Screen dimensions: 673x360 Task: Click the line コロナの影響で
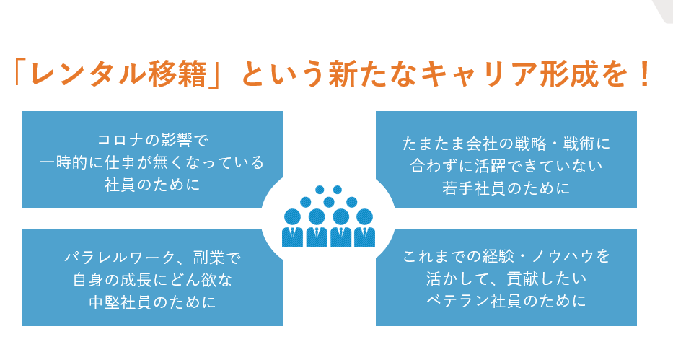152,138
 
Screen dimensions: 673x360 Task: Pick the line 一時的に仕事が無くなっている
152,161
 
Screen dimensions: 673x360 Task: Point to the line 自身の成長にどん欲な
152,279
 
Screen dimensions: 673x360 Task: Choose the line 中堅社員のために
152,302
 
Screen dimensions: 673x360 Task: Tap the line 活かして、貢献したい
506,278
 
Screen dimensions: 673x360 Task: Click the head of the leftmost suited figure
292,216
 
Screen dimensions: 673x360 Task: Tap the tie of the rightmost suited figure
364,234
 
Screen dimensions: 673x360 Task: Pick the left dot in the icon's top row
320,190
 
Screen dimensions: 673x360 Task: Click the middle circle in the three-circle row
329,201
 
